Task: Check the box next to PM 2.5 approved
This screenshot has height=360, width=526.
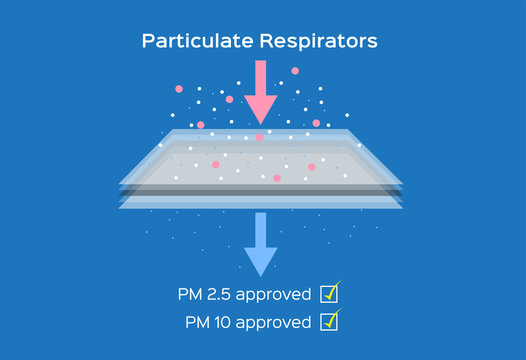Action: click(328, 294)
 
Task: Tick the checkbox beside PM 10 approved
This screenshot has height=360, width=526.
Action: click(328, 322)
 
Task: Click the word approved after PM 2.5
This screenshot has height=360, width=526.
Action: click(278, 295)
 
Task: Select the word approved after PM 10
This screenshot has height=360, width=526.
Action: click(280, 323)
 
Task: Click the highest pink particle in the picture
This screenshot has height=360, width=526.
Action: click(295, 71)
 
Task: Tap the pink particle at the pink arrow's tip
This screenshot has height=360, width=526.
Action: click(260, 137)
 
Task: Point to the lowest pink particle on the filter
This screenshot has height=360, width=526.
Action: click(277, 178)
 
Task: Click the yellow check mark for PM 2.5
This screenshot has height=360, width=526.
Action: click(333, 289)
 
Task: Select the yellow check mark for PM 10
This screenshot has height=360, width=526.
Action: click(333, 317)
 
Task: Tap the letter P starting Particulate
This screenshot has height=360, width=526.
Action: click(147, 41)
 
